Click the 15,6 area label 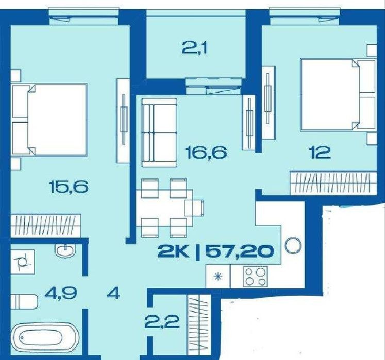click(x=69, y=186)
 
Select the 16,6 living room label click(x=206, y=152)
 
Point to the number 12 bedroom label click(x=320, y=152)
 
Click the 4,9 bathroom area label click(x=61, y=293)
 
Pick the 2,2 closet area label click(x=162, y=322)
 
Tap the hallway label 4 click(x=113, y=293)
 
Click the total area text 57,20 click(x=239, y=251)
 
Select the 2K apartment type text click(x=174, y=251)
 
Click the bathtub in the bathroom click(x=45, y=338)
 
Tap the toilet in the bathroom click(x=24, y=302)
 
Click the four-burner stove click(x=255, y=276)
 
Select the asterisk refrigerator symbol click(x=218, y=277)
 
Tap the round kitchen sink click(x=293, y=246)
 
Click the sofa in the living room click(x=159, y=133)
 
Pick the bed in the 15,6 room click(x=49, y=119)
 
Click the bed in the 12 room click(x=338, y=94)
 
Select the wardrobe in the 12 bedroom click(x=333, y=183)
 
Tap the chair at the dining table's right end click(x=194, y=208)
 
